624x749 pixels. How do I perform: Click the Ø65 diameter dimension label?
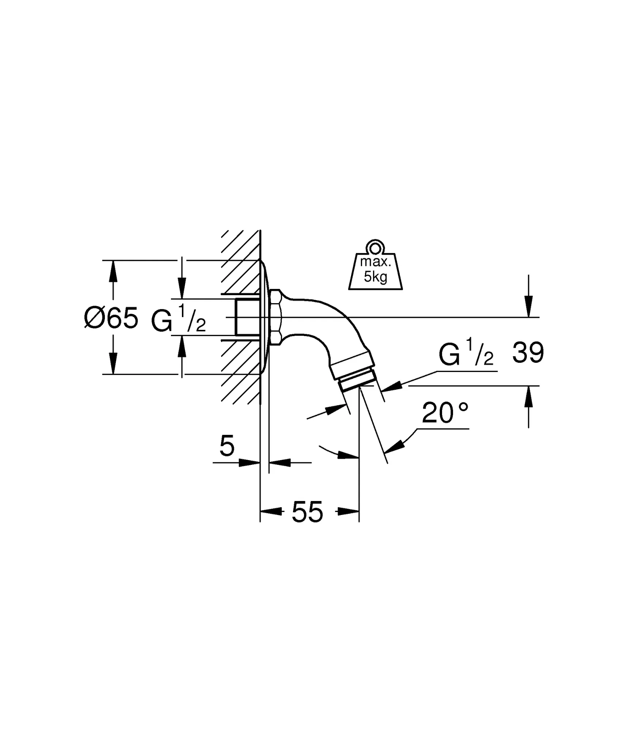[x=111, y=317]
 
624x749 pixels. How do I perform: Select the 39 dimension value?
[x=528, y=353]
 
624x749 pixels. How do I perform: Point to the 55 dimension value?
[x=307, y=512]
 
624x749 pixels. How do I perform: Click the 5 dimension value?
[x=227, y=447]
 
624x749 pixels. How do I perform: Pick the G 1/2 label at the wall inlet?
[x=178, y=319]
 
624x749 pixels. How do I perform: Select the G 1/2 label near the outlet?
[x=466, y=353]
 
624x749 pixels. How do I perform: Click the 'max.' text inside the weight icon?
[x=376, y=262]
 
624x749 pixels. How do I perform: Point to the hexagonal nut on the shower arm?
[x=276, y=317]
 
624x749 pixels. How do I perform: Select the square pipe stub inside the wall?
[x=247, y=317]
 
